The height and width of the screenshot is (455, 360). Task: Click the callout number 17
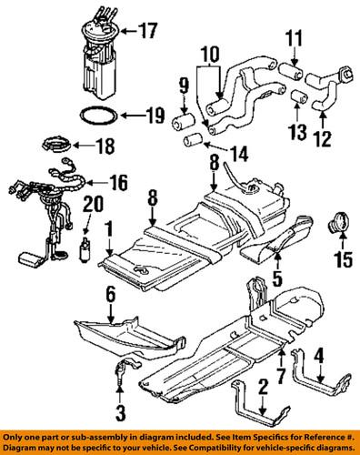(x=148, y=31)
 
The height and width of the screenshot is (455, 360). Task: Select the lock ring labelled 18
(x=56, y=144)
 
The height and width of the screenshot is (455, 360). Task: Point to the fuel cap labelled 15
(x=341, y=223)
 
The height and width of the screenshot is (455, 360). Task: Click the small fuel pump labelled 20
(x=85, y=249)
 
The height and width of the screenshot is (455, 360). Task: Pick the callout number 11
(x=294, y=38)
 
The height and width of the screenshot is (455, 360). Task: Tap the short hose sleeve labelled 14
(x=194, y=139)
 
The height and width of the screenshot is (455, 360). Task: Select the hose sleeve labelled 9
(x=183, y=122)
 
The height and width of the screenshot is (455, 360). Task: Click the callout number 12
(x=323, y=138)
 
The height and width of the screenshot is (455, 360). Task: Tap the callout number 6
(x=111, y=295)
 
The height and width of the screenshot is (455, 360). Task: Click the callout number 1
(x=109, y=229)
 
